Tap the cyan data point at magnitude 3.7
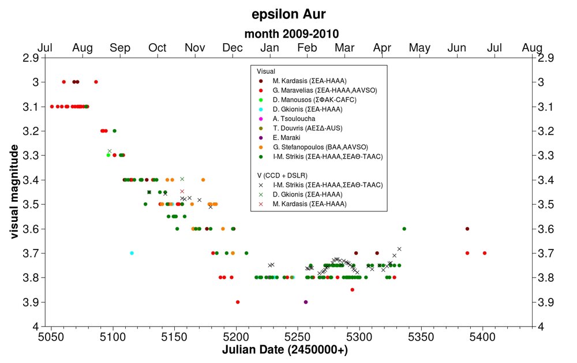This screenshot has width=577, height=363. tap(132, 253)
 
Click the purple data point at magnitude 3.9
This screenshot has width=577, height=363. tap(306, 302)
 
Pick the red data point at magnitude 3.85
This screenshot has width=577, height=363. tap(352, 290)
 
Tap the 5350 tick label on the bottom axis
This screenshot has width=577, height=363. tap(421, 336)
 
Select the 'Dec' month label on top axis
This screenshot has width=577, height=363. tap(233, 47)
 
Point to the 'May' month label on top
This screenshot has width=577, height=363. tap(419, 47)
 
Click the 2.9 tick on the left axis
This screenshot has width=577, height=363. tap(30, 58)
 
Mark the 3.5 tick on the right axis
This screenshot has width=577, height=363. tap(545, 204)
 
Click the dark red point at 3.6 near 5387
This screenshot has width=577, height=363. tap(467, 229)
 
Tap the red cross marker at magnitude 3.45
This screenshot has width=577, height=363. tap(182, 191)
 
